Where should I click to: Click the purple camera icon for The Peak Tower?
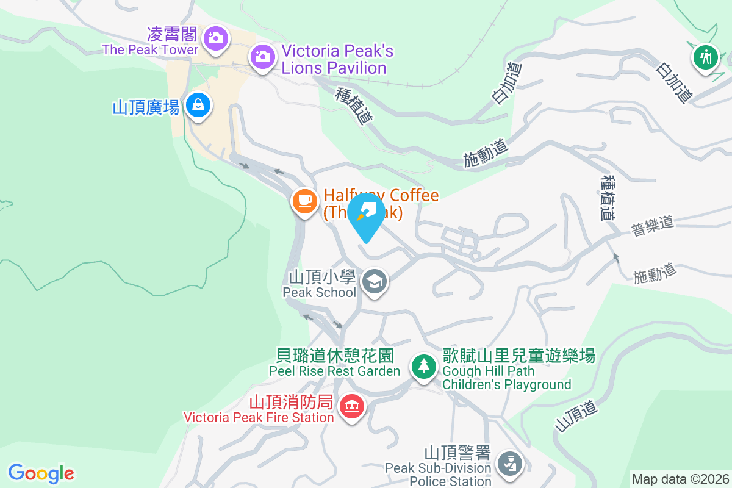coord(215,38)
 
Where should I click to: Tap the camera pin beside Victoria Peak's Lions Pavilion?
coord(262,57)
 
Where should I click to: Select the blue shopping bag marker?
coord(198,105)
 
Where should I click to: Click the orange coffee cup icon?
coord(304,200)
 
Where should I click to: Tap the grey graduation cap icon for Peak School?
coord(374,282)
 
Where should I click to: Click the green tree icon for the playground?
coord(423,367)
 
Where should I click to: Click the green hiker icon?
coord(706,57)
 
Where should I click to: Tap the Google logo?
coord(41,473)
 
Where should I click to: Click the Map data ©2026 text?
coord(680,479)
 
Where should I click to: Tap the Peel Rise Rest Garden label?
coord(335,371)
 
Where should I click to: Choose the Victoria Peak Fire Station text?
coord(259,417)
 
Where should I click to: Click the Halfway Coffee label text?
coord(381,195)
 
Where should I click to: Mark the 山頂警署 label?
coord(457,453)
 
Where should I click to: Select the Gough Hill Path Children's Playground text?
coord(506,378)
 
